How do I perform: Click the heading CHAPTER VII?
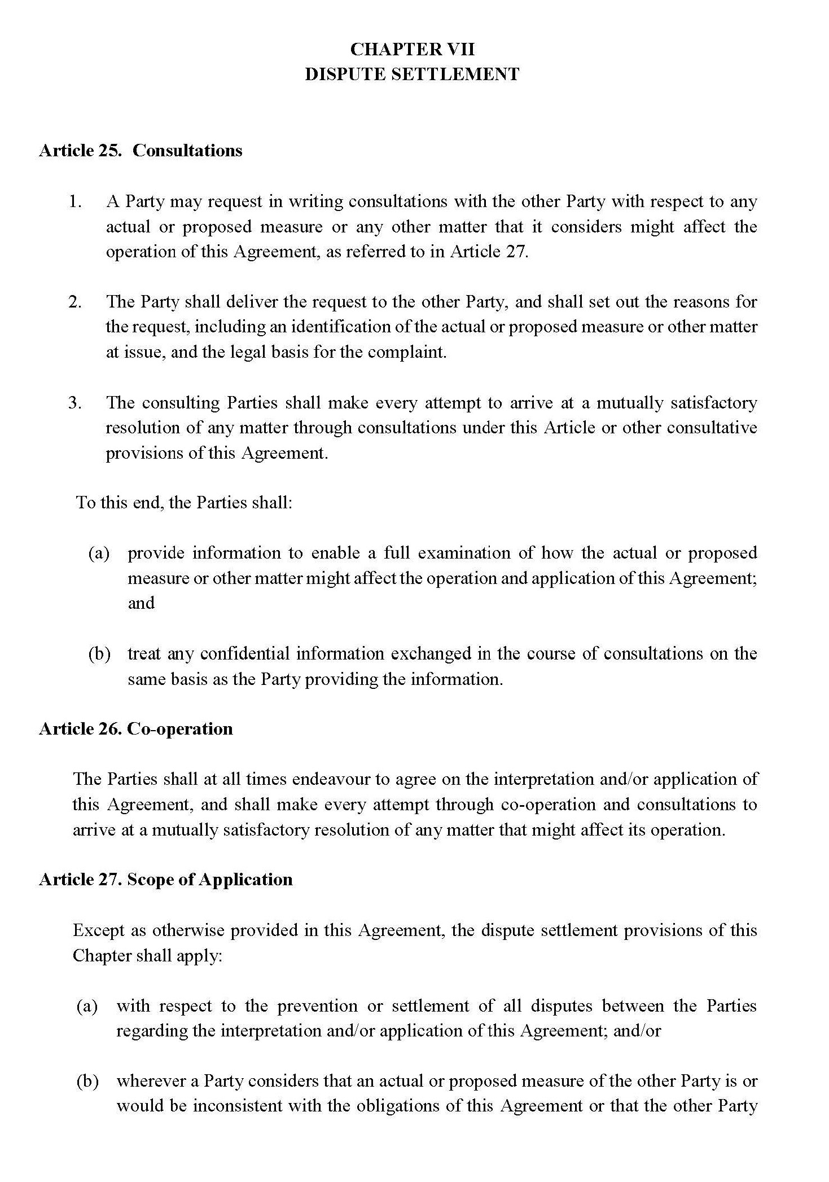click(x=413, y=50)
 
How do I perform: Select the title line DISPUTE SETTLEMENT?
click(x=412, y=74)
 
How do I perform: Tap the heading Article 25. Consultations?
click(x=141, y=151)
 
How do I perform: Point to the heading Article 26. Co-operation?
click(x=136, y=729)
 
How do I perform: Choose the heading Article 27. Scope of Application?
click(x=166, y=880)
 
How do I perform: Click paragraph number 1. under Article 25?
click(x=76, y=202)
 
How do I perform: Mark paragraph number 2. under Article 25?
click(x=76, y=302)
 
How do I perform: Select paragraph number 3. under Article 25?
click(x=76, y=403)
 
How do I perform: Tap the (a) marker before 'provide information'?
click(x=99, y=553)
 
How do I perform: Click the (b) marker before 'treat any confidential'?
click(x=99, y=654)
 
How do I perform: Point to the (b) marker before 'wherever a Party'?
click(x=87, y=1081)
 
